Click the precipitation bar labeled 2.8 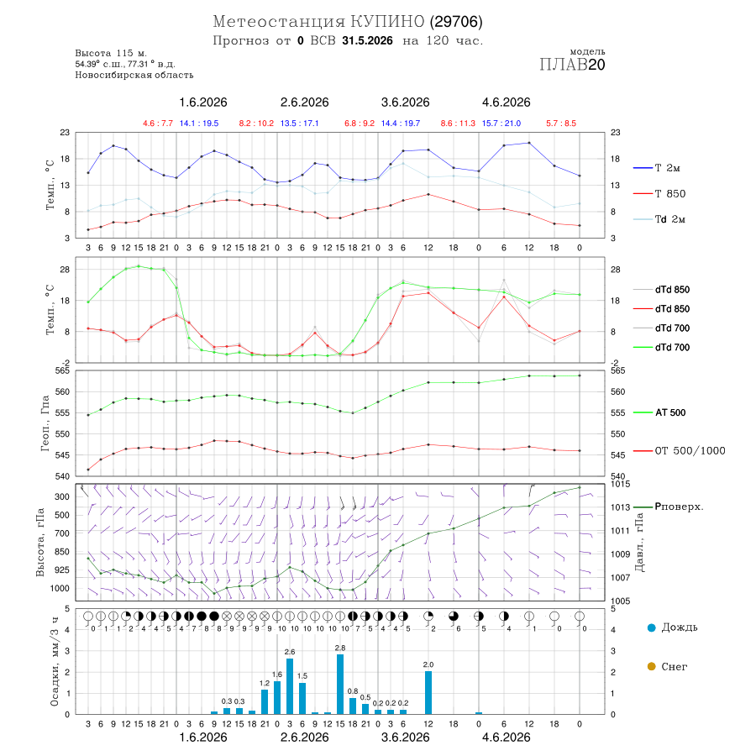click(340, 684)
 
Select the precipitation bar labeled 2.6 click(290, 686)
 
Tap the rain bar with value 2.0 click(428, 692)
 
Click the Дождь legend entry click(673, 627)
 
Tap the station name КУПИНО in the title click(387, 22)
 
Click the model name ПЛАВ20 click(572, 64)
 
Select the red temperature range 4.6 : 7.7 click(158, 123)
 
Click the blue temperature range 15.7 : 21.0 click(501, 123)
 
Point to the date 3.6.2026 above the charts click(405, 102)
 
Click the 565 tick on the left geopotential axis click(63, 370)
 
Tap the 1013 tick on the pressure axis click(620, 507)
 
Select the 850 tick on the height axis click(61, 552)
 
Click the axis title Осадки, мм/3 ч click(54, 662)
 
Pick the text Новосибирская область click(134, 75)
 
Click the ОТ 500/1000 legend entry click(680, 451)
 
